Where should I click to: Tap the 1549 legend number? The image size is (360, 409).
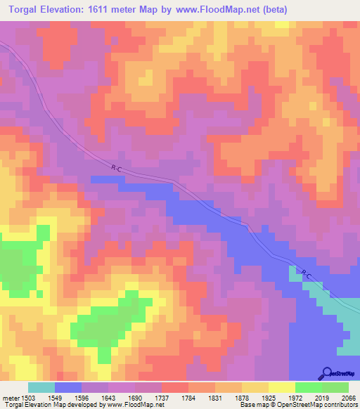pyautogui.click(x=54, y=398)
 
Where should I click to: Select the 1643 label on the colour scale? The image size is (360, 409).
pyautogui.click(x=108, y=398)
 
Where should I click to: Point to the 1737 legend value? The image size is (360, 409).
pyautogui.click(x=161, y=398)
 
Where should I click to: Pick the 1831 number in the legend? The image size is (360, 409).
pyautogui.click(x=214, y=398)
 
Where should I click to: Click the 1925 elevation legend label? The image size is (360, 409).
pyautogui.click(x=268, y=398)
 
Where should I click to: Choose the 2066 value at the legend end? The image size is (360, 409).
pyautogui.click(x=349, y=398)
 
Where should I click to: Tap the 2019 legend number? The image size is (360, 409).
pyautogui.click(x=321, y=398)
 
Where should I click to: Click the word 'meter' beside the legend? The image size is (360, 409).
pyautogui.click(x=10, y=398)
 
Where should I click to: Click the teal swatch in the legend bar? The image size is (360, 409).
pyautogui.click(x=41, y=387)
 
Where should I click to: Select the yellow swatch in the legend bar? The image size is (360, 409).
pyautogui.click(x=281, y=387)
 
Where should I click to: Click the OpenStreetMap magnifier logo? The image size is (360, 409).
pyautogui.click(x=327, y=373)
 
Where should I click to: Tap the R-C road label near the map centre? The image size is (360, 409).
pyautogui.click(x=117, y=167)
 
